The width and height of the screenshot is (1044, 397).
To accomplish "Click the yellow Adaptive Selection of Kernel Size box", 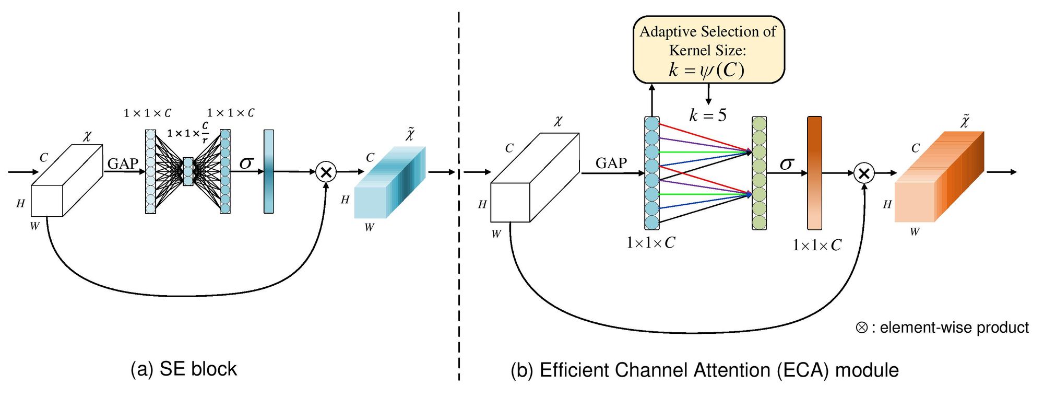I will (x=708, y=50).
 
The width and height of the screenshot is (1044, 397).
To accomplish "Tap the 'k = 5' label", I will (x=707, y=115).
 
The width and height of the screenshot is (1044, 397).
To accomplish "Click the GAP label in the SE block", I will (x=123, y=164).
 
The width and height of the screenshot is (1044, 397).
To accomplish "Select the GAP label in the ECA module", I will (x=611, y=163).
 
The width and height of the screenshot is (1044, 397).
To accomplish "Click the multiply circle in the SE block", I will (x=326, y=172).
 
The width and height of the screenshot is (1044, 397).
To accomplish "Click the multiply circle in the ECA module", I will (x=864, y=173).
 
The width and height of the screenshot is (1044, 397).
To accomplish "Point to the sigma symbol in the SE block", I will (x=246, y=163).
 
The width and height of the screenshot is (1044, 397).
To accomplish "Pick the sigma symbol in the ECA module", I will (x=787, y=164).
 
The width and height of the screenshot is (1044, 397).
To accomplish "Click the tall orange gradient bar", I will (x=814, y=173).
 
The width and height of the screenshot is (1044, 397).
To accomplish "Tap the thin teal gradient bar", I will (x=269, y=171).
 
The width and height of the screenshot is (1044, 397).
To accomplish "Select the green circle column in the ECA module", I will (x=759, y=173).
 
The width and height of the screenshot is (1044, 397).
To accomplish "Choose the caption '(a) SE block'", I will (x=183, y=369).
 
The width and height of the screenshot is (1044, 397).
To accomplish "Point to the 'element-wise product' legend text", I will (x=954, y=328).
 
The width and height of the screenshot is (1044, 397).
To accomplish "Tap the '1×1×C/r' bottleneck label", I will (x=188, y=133).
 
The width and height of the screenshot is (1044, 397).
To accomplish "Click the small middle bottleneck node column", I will (x=188, y=171).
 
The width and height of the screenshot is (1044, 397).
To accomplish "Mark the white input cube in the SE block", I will (x=66, y=181).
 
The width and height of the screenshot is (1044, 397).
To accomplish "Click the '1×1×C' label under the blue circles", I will (x=650, y=242).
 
